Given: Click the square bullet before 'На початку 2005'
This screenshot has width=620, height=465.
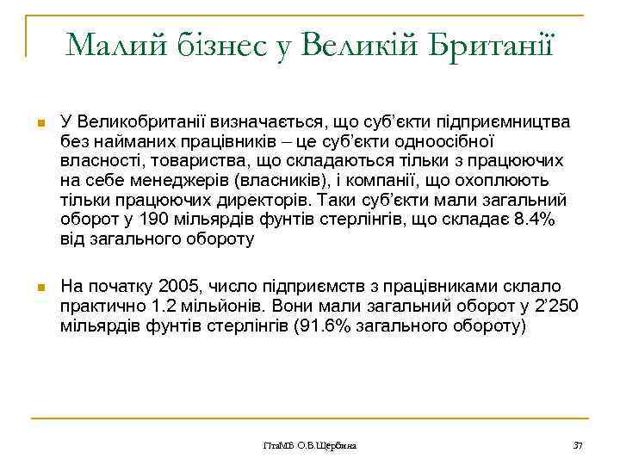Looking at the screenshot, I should point(40,287).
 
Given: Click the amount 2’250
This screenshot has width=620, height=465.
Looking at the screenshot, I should point(558,306).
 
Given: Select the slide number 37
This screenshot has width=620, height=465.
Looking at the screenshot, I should point(578,445).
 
